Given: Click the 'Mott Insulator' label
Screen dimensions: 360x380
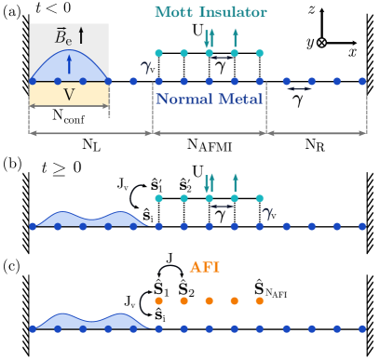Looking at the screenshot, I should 210,12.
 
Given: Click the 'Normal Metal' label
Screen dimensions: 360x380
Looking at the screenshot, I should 209,98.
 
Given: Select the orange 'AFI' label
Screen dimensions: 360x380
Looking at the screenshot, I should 205,267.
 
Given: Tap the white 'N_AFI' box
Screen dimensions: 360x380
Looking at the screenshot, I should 280,293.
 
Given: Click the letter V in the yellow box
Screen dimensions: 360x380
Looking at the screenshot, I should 68,95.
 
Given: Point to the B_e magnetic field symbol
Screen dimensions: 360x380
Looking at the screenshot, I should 62,37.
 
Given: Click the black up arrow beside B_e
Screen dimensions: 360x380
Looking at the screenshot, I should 81,36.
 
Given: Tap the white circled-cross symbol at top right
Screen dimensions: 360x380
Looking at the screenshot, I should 322,43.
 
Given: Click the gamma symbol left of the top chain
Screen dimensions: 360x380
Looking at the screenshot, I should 145,66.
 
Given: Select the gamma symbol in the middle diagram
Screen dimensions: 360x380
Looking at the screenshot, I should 267,212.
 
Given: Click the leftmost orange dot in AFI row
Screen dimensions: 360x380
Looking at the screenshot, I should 158,301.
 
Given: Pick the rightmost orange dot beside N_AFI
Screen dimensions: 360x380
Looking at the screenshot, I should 259,301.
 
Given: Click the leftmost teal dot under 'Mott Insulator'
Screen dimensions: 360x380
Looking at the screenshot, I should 158,53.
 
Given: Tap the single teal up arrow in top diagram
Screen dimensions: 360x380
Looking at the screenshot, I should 235,39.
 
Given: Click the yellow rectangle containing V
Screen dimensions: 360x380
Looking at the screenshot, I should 68,95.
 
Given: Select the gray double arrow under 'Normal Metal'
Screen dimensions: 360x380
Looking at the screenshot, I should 210,134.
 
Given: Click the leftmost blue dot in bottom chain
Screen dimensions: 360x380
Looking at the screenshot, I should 34,328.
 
